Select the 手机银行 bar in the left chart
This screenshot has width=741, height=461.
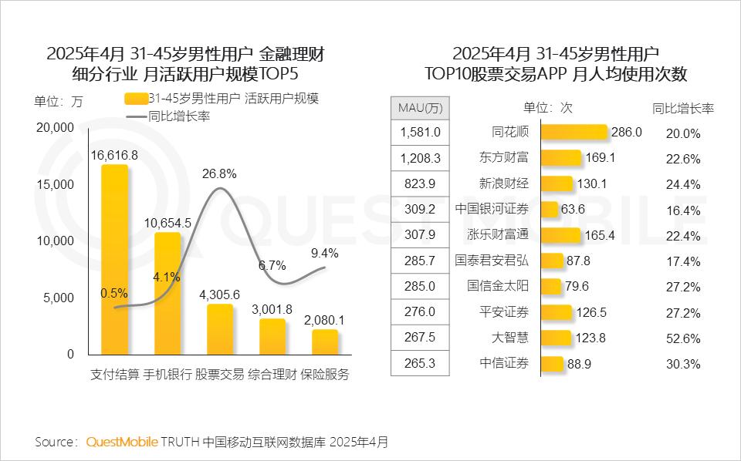tap(167, 293)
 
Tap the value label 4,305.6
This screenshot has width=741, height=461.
tap(220, 294)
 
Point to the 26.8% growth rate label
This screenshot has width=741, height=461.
tap(219, 173)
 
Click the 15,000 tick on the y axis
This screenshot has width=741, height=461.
tap(55, 184)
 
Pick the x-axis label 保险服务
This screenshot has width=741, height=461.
tap(325, 375)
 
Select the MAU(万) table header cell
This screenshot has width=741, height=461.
tap(421, 107)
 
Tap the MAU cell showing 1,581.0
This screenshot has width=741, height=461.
tap(421, 133)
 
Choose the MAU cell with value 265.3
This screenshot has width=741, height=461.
tap(421, 363)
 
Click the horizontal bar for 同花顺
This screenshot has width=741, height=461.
tap(574, 132)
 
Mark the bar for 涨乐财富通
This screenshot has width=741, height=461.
tap(560, 234)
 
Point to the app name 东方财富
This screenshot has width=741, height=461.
tap(504, 158)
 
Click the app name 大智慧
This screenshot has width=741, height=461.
tap(510, 338)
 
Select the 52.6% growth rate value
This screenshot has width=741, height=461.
tap(683, 338)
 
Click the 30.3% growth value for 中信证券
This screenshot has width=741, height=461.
tap(683, 364)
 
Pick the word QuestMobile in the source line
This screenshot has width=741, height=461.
tap(122, 442)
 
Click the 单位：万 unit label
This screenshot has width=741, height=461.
tap(58, 102)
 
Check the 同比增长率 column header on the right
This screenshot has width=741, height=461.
tap(682, 108)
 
